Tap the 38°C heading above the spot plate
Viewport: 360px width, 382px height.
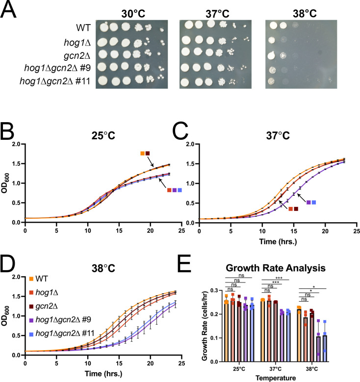(x=305, y=13)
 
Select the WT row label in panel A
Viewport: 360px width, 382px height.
(x=83, y=27)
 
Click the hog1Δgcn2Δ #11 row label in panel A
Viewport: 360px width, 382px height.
(x=55, y=80)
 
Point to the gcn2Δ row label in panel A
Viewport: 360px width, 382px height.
(x=77, y=55)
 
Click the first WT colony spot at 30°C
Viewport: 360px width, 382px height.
(x=103, y=26)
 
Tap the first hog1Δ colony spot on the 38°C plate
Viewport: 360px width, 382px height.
(x=271, y=40)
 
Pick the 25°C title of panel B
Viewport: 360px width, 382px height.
(x=103, y=135)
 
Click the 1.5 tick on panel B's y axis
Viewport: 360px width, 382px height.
(x=17, y=164)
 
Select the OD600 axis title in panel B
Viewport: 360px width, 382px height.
(x=5, y=183)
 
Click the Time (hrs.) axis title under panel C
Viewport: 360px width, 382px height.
(x=278, y=242)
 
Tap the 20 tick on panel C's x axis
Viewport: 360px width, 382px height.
(x=325, y=231)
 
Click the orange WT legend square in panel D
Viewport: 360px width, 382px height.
(x=31, y=279)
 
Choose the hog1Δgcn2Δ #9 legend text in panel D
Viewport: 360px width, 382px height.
(x=63, y=320)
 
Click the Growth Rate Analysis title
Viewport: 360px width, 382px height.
(x=276, y=268)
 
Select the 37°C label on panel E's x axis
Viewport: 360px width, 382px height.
(x=276, y=369)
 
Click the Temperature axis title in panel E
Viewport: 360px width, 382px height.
(x=276, y=378)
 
